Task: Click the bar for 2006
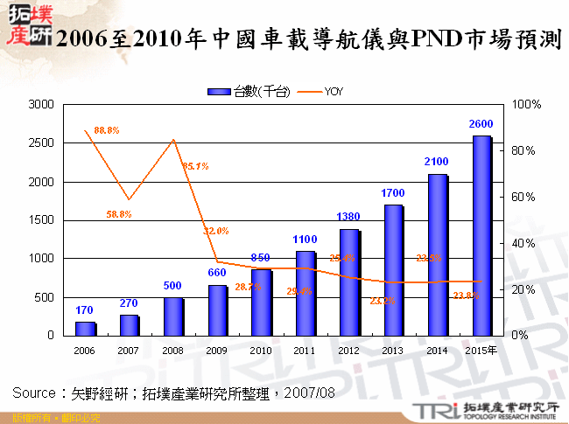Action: [x=85, y=329]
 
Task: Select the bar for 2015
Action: [x=481, y=236]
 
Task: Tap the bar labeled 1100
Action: [x=306, y=293]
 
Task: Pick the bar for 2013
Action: [x=393, y=270]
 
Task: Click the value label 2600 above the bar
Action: [x=481, y=123]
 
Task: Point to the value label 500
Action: [x=173, y=285]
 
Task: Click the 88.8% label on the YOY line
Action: [x=106, y=130]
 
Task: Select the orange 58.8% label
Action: [x=119, y=214]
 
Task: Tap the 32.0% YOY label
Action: [x=216, y=231]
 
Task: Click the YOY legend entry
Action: [x=321, y=91]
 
